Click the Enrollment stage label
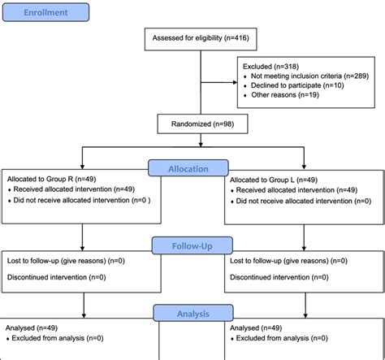45,13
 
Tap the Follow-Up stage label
192,244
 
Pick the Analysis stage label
192,313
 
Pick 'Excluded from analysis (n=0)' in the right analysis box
285,337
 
